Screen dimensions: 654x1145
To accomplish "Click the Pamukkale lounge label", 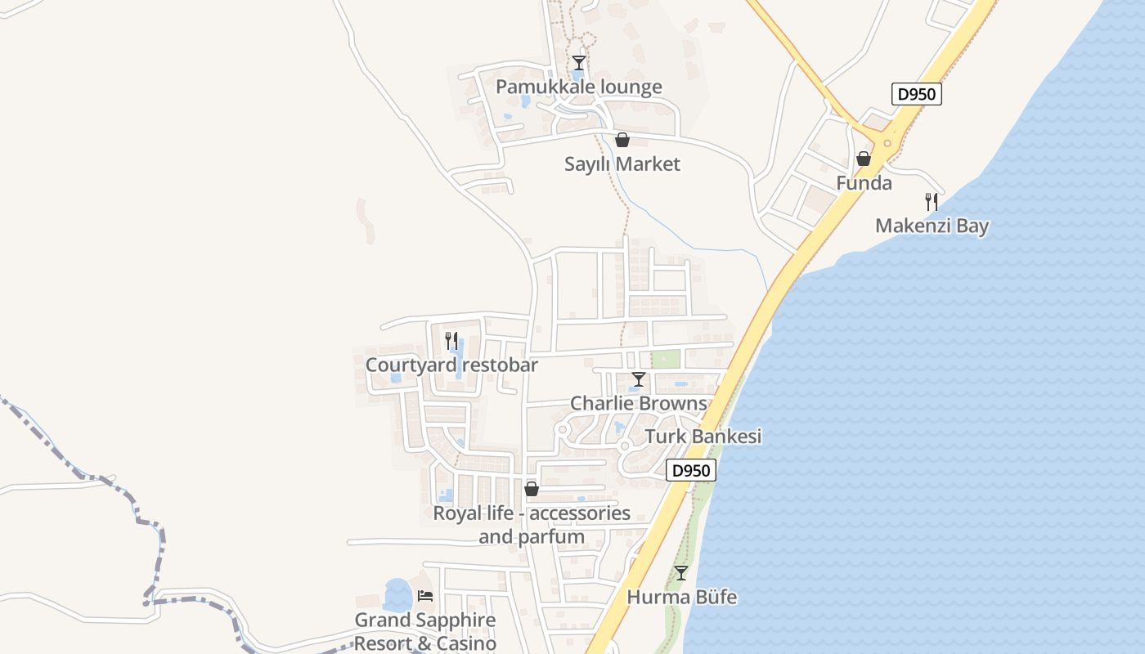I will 579,87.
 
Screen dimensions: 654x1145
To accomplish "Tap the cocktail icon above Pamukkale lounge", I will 579,63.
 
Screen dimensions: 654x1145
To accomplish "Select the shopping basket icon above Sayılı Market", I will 622,140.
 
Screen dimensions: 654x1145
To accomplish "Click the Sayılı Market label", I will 622,164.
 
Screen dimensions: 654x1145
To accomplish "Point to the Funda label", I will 864,183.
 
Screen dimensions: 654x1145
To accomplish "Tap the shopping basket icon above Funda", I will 864,159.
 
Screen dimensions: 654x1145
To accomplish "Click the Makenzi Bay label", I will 932,226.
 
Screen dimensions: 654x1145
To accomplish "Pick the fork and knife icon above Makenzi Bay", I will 931,201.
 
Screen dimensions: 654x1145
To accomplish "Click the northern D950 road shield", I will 916,94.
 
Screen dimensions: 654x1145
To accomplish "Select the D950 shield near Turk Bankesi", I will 691,470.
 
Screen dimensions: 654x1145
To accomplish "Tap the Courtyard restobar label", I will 451,365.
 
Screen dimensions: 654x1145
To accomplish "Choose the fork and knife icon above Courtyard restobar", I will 451,340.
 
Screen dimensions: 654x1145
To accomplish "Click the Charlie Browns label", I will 638,403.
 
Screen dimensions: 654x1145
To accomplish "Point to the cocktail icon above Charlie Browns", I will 639,379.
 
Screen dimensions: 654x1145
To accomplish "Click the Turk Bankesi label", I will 703,437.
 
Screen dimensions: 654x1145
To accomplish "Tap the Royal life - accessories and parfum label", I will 532,525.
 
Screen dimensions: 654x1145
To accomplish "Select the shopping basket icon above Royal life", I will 532,489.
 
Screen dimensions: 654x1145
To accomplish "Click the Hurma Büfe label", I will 681,598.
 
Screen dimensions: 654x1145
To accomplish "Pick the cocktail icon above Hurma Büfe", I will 681,573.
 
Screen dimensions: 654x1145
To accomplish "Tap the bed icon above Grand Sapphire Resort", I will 424,596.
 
